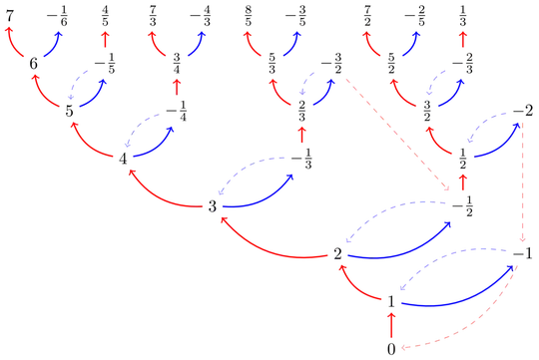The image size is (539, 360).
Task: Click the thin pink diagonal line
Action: (x=394, y=130)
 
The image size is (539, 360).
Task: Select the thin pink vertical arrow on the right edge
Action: (x=522, y=184)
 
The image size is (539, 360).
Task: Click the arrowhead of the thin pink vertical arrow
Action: (x=522, y=240)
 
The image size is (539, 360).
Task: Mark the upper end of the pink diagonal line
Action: (x=343, y=76)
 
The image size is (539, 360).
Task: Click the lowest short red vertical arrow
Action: (x=390, y=321)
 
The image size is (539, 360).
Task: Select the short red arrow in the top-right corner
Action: (x=463, y=40)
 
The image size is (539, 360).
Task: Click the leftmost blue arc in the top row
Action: (x=56, y=42)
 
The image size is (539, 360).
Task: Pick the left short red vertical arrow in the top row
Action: (x=107, y=40)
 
